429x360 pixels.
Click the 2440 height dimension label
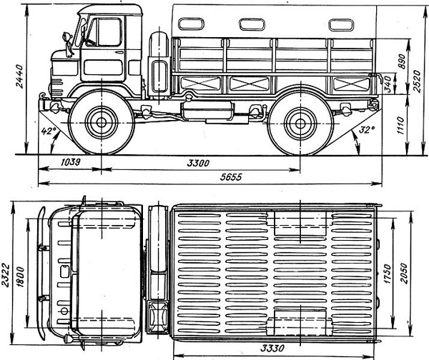[x=20, y=76]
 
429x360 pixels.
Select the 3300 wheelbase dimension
[x=198, y=163]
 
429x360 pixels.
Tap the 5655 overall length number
[x=231, y=177]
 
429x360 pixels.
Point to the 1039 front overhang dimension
[x=70, y=162]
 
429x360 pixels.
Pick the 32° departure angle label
[x=367, y=129]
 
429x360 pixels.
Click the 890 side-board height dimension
[x=402, y=61]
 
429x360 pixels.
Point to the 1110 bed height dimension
[x=400, y=126]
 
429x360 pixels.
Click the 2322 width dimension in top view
[x=6, y=275]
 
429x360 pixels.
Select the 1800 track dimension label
[x=21, y=277]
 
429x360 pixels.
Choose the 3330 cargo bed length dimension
[x=272, y=349]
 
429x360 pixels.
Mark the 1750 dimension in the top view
[x=387, y=274]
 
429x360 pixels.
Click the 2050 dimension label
[x=404, y=274]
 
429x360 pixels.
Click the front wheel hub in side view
[x=102, y=122]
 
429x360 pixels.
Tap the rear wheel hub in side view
[x=300, y=124]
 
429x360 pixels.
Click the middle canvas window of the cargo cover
[x=252, y=24]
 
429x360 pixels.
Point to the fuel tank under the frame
[x=207, y=111]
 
